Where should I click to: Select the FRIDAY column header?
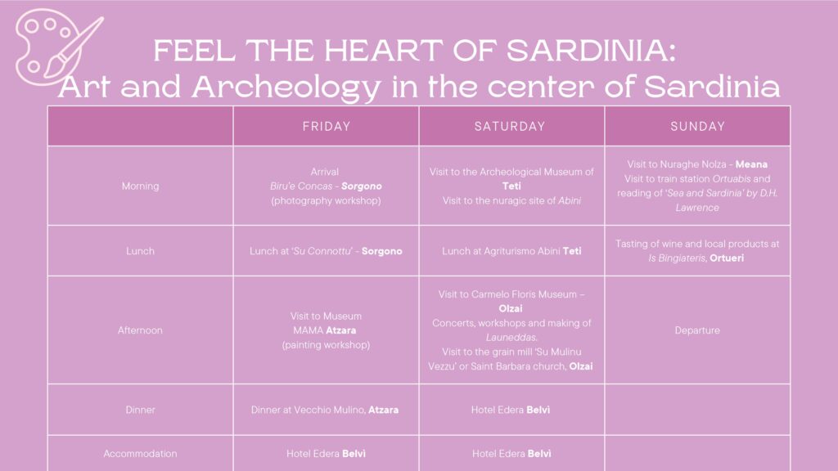click(x=327, y=127)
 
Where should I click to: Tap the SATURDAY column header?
click(x=510, y=127)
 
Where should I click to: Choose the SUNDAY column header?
click(x=697, y=127)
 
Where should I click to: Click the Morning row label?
click(x=140, y=186)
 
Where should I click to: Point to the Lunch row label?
click(x=140, y=251)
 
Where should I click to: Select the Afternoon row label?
click(x=140, y=330)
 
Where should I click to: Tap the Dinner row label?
click(x=140, y=410)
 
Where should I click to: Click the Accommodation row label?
click(x=140, y=454)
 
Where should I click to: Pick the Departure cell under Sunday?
click(x=697, y=330)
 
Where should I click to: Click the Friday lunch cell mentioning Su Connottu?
click(x=326, y=251)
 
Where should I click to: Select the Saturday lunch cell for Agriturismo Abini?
click(x=511, y=251)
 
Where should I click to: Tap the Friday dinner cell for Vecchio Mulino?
click(x=325, y=410)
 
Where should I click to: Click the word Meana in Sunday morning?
click(x=751, y=164)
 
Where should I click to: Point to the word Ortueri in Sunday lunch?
click(x=727, y=258)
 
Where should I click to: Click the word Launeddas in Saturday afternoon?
click(x=511, y=338)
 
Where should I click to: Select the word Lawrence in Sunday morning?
click(x=697, y=208)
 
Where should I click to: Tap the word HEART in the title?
click(x=383, y=51)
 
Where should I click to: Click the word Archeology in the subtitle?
click(x=286, y=87)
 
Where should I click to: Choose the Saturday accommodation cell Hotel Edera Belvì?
click(x=511, y=454)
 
